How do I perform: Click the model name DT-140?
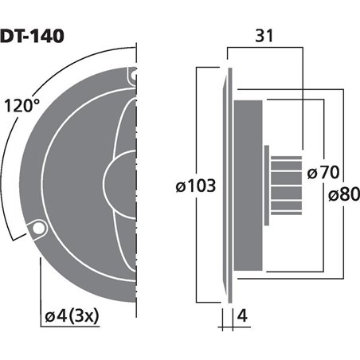pos(32,35)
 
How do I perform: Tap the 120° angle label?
pos(22,105)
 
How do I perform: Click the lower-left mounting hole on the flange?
pos(37,229)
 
